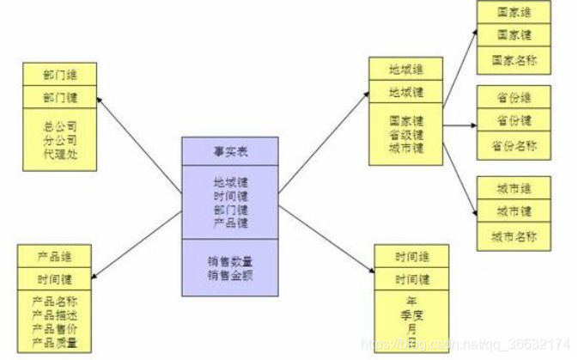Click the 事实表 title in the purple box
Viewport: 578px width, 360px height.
[x=230, y=151]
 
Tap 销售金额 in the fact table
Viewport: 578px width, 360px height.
[x=230, y=274]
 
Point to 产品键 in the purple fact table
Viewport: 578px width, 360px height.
[x=230, y=222]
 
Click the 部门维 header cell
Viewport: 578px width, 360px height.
[x=60, y=73]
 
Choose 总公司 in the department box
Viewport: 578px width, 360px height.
[x=60, y=126]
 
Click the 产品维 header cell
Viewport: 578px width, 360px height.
[x=53, y=256]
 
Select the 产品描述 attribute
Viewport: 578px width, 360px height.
[x=54, y=315]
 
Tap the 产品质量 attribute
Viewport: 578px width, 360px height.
[x=54, y=342]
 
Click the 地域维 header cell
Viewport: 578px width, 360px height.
[x=405, y=68]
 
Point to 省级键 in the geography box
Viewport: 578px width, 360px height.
[x=405, y=134]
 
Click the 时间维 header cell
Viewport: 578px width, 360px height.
[x=412, y=256]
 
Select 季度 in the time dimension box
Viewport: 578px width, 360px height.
[x=412, y=315]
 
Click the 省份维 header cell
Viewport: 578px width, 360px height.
[x=514, y=98]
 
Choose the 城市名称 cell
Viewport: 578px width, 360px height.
[x=514, y=235]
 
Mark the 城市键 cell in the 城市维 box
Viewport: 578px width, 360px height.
[x=514, y=211]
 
